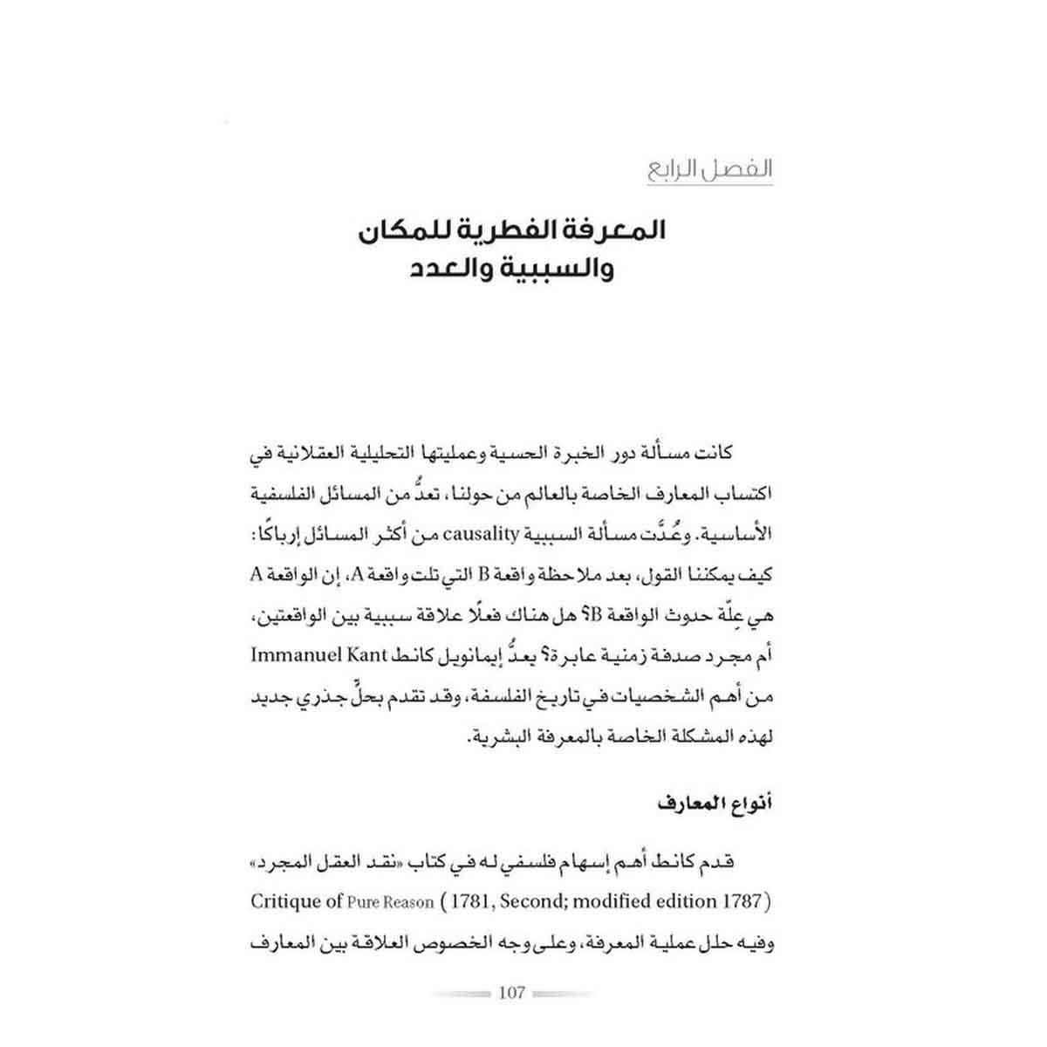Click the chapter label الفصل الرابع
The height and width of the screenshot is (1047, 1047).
[x=709, y=168]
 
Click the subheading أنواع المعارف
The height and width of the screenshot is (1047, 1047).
[x=717, y=804]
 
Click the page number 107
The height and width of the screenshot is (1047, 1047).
[x=511, y=993]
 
